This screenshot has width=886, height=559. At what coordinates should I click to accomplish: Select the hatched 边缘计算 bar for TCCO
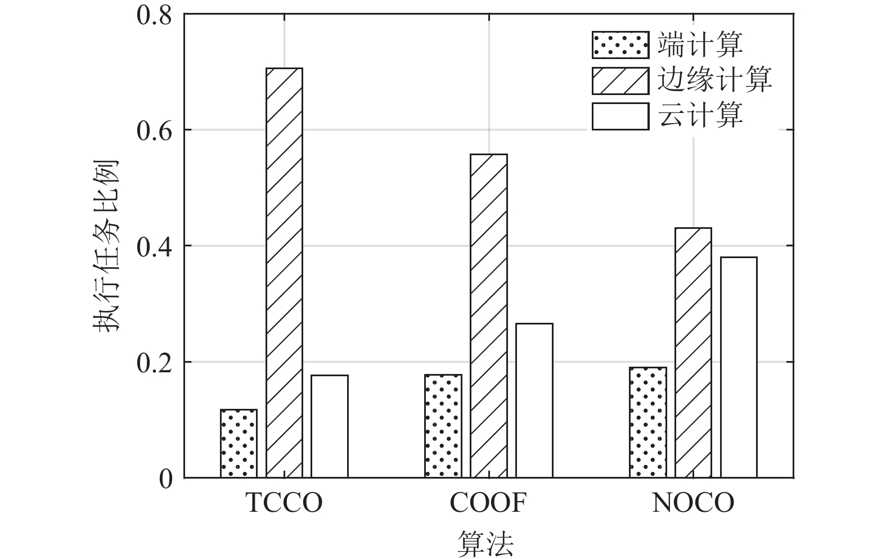click(x=284, y=273)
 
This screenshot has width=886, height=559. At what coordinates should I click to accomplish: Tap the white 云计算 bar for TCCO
click(x=329, y=426)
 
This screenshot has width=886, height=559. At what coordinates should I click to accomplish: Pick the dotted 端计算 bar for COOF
click(x=443, y=426)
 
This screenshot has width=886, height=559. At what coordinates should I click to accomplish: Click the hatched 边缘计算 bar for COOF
click(x=489, y=315)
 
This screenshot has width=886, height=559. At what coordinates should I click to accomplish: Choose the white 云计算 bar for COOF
click(x=534, y=400)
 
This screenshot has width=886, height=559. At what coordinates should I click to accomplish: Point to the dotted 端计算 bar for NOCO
click(x=648, y=422)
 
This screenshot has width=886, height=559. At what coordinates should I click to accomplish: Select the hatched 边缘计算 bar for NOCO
click(x=693, y=353)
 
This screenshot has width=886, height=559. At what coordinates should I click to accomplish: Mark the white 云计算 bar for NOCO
click(x=739, y=367)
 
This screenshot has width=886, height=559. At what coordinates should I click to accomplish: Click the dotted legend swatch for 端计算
click(x=619, y=45)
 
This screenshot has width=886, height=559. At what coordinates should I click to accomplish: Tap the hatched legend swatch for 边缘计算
click(x=619, y=80)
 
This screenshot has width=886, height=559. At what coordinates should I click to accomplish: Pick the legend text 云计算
click(x=700, y=115)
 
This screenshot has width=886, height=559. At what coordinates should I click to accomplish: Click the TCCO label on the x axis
click(x=284, y=503)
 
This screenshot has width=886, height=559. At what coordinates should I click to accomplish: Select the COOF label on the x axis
click(x=488, y=503)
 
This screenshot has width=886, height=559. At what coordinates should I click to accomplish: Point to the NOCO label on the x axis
click(x=693, y=503)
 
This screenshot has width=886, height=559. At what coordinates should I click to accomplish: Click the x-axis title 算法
click(x=485, y=543)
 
